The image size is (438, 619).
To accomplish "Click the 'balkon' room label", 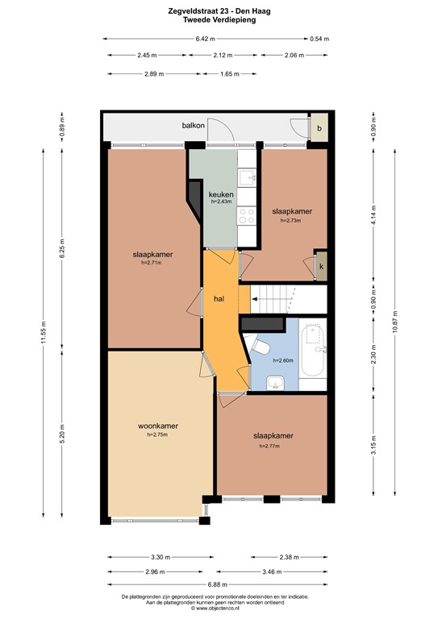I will (193, 127).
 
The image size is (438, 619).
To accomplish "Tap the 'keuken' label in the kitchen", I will (220, 195).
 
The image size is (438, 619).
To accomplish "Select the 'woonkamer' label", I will (158, 426).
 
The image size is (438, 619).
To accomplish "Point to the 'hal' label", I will (219, 298).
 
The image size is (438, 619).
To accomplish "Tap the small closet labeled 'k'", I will (321, 266).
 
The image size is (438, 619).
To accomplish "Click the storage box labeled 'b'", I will (319, 128).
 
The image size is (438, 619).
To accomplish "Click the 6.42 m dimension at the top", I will (205, 39).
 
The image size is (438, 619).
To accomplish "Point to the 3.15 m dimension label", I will (372, 442).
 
